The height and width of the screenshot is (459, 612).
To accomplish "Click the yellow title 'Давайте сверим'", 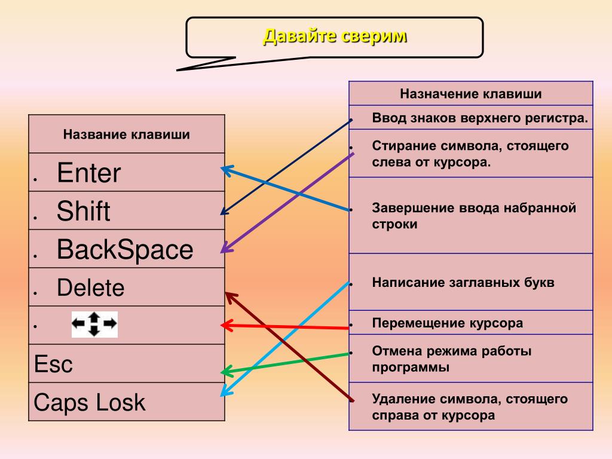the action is pos(335,36).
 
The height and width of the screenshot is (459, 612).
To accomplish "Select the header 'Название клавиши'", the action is pos(127,134).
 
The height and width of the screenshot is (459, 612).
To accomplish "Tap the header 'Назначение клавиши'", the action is pos(471,94).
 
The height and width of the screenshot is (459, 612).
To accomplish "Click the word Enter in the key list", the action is pos(88,173).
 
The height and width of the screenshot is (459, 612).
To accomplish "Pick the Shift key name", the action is pos(83,211).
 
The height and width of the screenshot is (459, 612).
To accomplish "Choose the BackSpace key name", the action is pos(125,249).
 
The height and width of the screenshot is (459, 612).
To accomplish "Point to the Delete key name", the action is pos(91,287).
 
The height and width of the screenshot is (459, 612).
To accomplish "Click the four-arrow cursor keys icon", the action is pos(94,325).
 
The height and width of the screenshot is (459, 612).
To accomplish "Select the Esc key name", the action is pos(53,364).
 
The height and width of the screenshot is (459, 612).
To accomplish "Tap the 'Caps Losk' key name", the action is pos(90,402).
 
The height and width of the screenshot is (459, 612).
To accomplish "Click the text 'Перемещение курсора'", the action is pos(447,323).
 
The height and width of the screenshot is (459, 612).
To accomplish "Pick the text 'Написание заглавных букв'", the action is pos(463,282).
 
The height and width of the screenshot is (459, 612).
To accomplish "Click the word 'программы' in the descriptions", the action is pos(411,368).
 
